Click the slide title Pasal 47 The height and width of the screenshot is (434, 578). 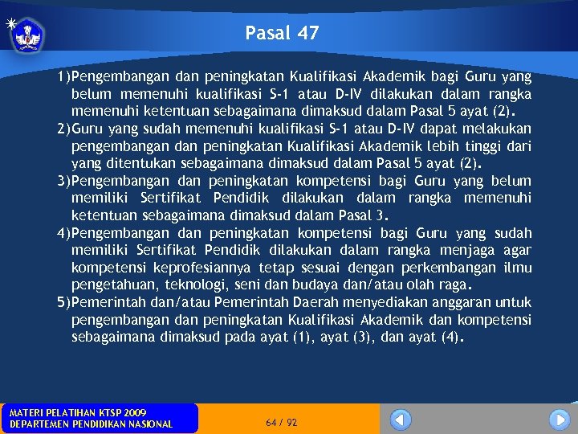pos(282,33)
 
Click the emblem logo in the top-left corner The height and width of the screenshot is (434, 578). pos(27,34)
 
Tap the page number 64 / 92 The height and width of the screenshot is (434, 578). pos(281,422)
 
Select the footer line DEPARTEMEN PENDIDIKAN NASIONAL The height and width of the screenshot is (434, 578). pos(90,424)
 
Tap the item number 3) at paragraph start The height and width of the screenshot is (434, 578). pos(63,182)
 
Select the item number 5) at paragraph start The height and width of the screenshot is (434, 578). pos(63,302)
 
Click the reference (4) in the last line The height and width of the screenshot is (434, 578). pos(451,338)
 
